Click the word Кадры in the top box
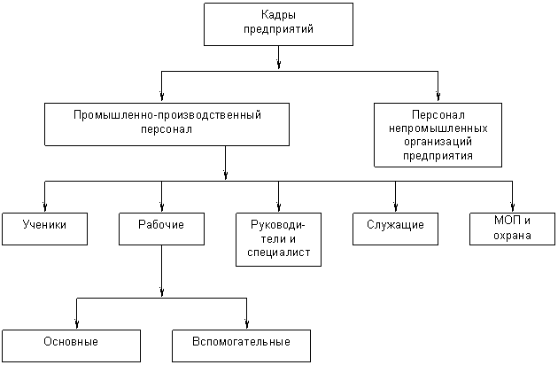278,15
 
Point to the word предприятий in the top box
278,28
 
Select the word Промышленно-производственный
167,114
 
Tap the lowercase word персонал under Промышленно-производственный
167,128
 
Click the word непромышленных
438,128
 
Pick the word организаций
438,141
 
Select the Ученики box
46,228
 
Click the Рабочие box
161,228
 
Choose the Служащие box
395,228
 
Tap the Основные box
71,345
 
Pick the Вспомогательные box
242,345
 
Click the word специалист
278,253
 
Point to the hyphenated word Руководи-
278,225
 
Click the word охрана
513,235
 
